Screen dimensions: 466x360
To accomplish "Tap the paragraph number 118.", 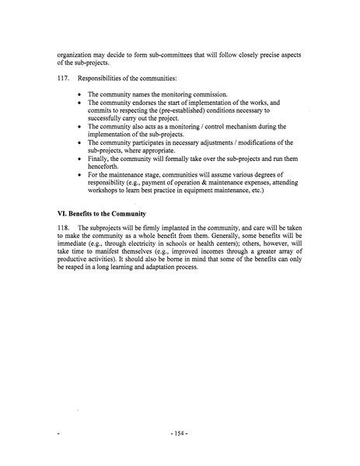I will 65,225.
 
